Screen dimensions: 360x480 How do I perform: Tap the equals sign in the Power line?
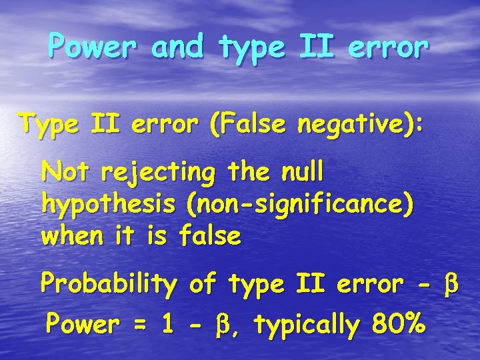click(x=139, y=326)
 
